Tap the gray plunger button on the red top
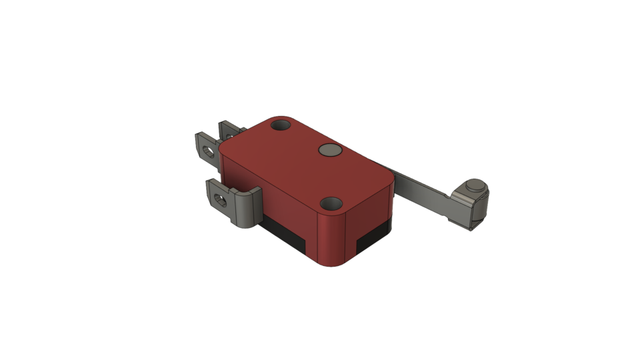(330, 150)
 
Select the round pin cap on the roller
(477, 186)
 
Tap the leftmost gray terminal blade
(203, 148)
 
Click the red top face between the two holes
(307, 167)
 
